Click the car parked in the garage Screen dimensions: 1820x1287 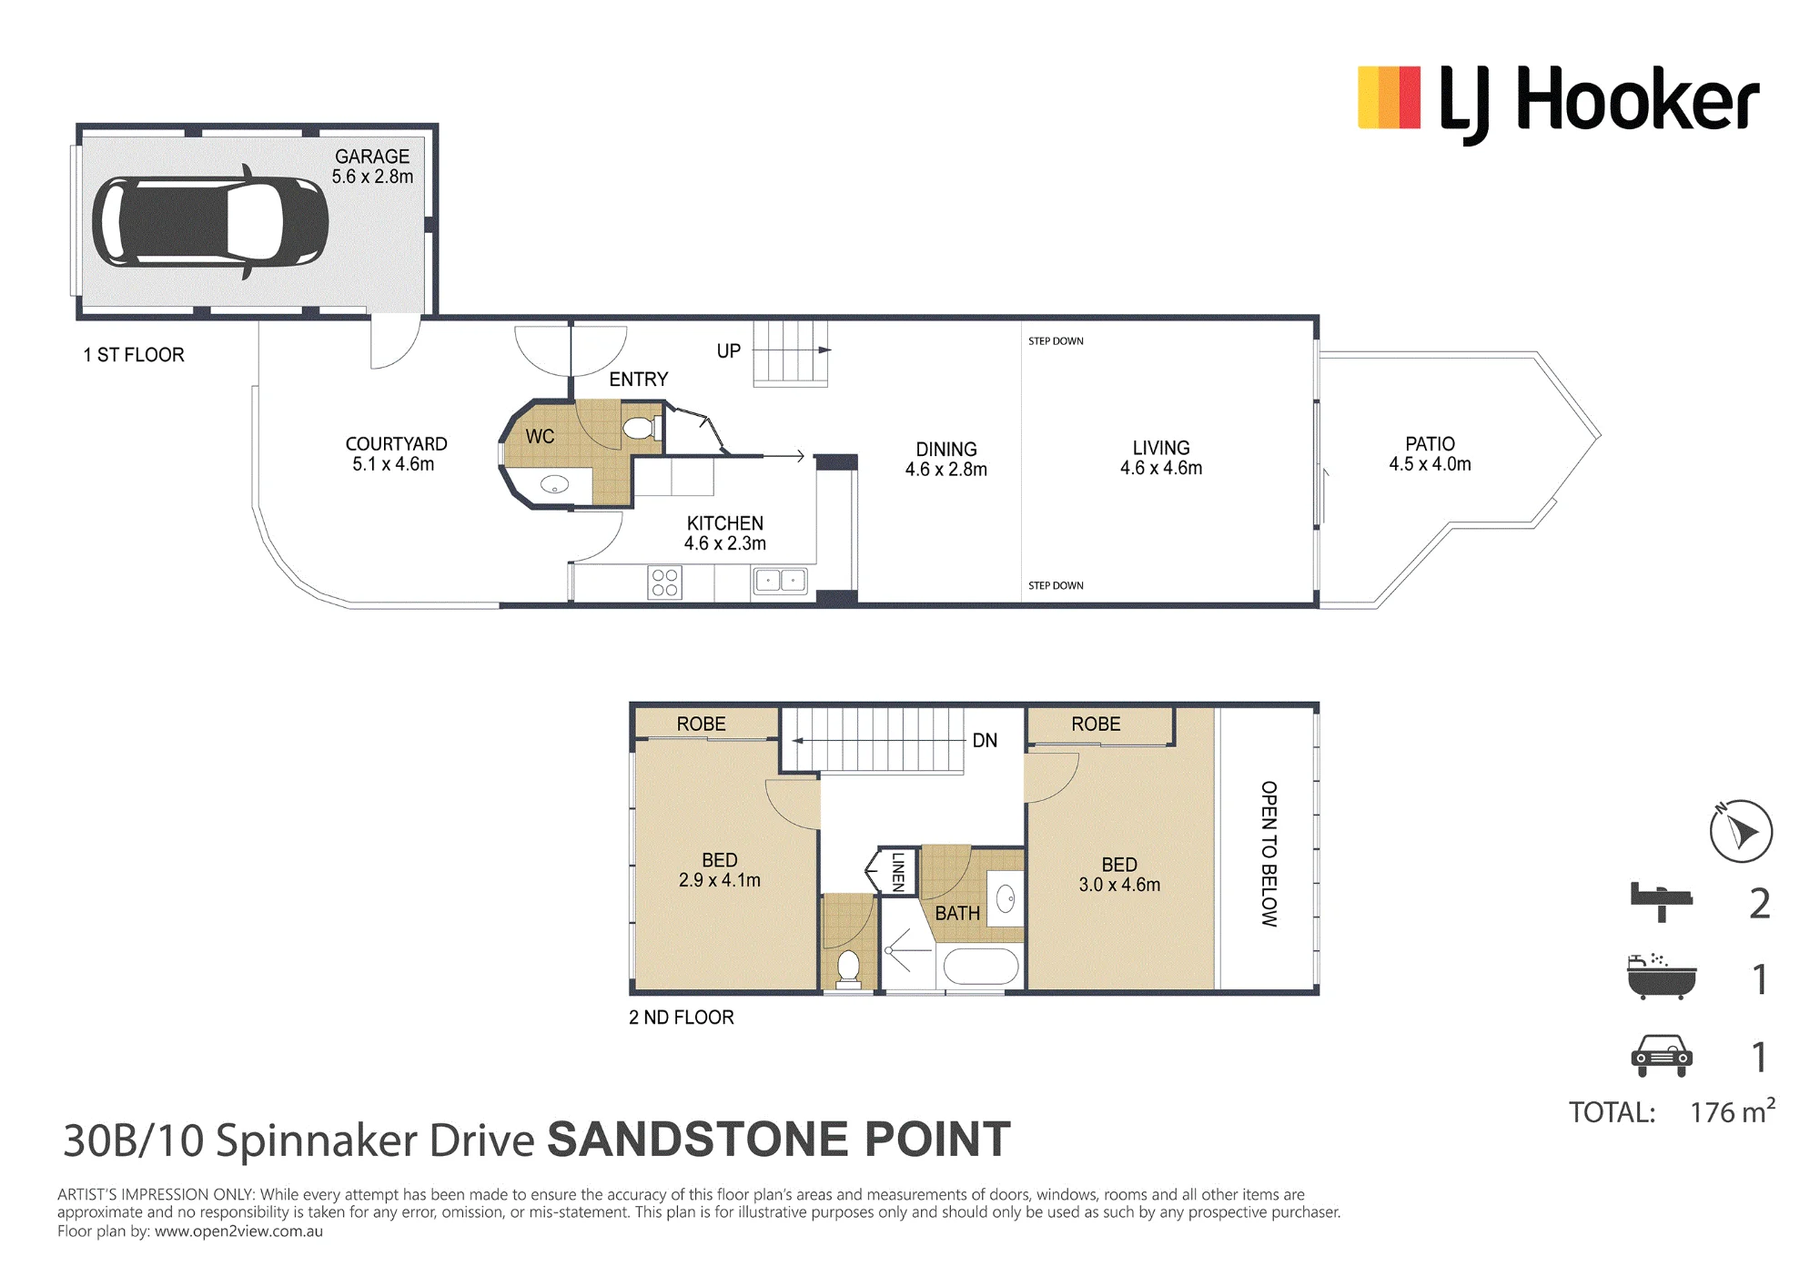tap(210, 221)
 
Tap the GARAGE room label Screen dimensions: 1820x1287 tap(372, 157)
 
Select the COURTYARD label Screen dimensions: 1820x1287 tap(396, 444)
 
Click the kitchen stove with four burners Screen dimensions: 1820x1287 tap(665, 583)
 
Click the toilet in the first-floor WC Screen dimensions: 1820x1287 tap(641, 427)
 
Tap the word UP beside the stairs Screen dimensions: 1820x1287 tap(729, 351)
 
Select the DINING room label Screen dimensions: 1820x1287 tap(946, 450)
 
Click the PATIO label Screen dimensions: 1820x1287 tap(1430, 444)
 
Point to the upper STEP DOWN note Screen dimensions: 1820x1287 tap(1056, 341)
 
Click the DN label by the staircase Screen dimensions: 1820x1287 tap(985, 741)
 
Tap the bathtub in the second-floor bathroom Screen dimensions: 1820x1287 tap(981, 967)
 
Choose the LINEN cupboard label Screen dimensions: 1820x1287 tap(898, 871)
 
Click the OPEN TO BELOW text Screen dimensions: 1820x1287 tap(1269, 854)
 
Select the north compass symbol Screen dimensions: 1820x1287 tap(1741, 830)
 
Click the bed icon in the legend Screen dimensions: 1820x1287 tap(1661, 902)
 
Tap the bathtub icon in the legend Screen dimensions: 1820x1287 tap(1662, 977)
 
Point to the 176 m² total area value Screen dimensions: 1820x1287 tap(1733, 1111)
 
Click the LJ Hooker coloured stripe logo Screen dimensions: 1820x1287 tap(1389, 97)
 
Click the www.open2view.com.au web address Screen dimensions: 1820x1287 tap(238, 1231)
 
